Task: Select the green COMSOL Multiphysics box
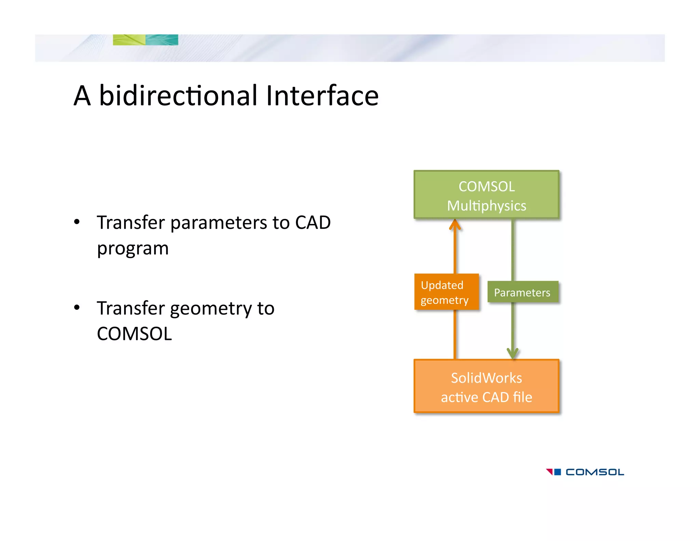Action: [486, 195]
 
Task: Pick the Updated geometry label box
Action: [446, 292]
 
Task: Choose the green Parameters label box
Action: [522, 292]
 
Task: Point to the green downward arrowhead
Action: [513, 353]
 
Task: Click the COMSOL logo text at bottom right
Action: [594, 472]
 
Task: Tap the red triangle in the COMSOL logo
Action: [550, 472]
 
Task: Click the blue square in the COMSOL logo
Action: [557, 472]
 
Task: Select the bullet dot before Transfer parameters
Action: [77, 222]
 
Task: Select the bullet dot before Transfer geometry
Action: [77, 308]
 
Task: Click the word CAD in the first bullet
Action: [313, 223]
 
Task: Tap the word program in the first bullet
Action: [133, 249]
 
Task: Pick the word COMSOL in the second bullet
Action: [134, 334]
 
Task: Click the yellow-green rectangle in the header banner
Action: [129, 40]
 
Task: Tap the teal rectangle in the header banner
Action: [162, 40]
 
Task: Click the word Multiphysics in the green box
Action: [486, 206]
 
